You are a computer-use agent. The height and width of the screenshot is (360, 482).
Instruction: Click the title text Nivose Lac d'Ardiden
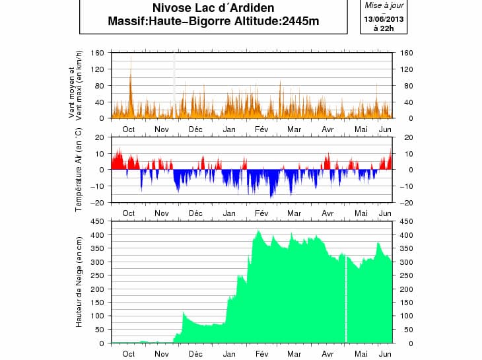(x=213, y=9)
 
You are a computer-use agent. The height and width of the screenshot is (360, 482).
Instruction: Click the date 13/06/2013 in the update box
(x=384, y=18)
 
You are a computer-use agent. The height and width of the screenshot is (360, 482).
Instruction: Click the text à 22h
(x=384, y=28)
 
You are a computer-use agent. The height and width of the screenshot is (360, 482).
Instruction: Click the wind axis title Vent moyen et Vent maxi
(x=76, y=85)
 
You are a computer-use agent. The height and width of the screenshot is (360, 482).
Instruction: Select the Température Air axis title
(x=78, y=170)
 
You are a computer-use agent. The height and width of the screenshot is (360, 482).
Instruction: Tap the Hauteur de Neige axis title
(x=78, y=282)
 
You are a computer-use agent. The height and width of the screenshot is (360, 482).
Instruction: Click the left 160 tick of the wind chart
(x=98, y=53)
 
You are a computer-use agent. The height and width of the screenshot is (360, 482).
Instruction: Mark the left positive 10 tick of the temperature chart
(x=100, y=154)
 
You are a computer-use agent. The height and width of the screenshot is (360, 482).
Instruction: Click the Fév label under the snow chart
(x=261, y=353)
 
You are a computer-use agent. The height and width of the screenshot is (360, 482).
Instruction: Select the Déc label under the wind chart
(x=195, y=129)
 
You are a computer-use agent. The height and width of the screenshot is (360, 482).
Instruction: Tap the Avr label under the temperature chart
(x=327, y=213)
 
